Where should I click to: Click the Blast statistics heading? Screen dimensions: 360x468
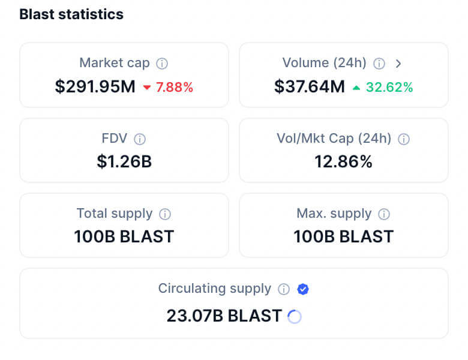click(71, 14)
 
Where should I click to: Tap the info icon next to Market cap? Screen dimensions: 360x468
click(162, 63)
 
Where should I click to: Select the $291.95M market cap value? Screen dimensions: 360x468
click(95, 87)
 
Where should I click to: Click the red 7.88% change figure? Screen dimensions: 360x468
click(175, 88)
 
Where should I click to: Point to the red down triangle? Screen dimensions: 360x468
click(147, 88)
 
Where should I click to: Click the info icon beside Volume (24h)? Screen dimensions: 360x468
click(379, 63)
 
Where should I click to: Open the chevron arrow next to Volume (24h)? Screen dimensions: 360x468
click(398, 63)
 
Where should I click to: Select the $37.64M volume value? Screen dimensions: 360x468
click(310, 87)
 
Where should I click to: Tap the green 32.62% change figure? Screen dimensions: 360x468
click(389, 88)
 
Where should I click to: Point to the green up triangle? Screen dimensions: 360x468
click(356, 88)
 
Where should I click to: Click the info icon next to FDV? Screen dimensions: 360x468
click(140, 139)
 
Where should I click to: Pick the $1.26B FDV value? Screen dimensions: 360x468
click(124, 161)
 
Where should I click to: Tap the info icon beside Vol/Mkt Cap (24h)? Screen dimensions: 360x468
click(404, 139)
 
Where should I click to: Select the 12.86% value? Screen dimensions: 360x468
click(344, 161)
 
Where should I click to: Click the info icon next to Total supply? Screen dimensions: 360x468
click(165, 214)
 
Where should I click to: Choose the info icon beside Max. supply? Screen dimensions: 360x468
click(384, 214)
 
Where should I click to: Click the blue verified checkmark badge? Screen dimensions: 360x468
click(303, 289)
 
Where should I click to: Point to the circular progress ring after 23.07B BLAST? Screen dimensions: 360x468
click(295, 316)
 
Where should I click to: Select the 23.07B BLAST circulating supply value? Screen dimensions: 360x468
click(224, 316)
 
